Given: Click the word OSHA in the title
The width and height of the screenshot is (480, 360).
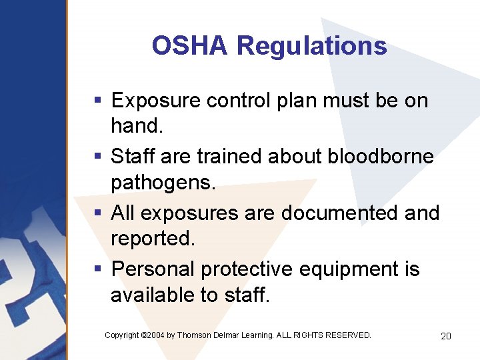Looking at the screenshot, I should coord(191,46).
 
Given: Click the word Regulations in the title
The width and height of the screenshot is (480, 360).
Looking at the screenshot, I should coord(311,46).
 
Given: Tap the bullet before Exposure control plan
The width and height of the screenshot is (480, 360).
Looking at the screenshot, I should coord(97,101).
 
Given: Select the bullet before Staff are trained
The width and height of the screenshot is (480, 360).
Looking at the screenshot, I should coord(97,157).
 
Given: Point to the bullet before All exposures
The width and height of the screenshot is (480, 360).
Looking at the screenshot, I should coord(97,213).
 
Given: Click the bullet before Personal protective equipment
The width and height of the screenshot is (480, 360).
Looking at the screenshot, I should coord(97,269).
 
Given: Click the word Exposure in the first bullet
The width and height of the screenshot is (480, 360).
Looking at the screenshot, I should coord(157,101).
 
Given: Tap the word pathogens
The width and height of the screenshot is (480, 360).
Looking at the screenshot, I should coord(163,181).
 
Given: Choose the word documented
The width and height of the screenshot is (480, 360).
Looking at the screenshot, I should coord(339,213).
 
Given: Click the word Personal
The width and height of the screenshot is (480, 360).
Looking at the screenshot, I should coord(153,269).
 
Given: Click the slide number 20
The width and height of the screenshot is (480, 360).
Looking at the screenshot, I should coord(446,336).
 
